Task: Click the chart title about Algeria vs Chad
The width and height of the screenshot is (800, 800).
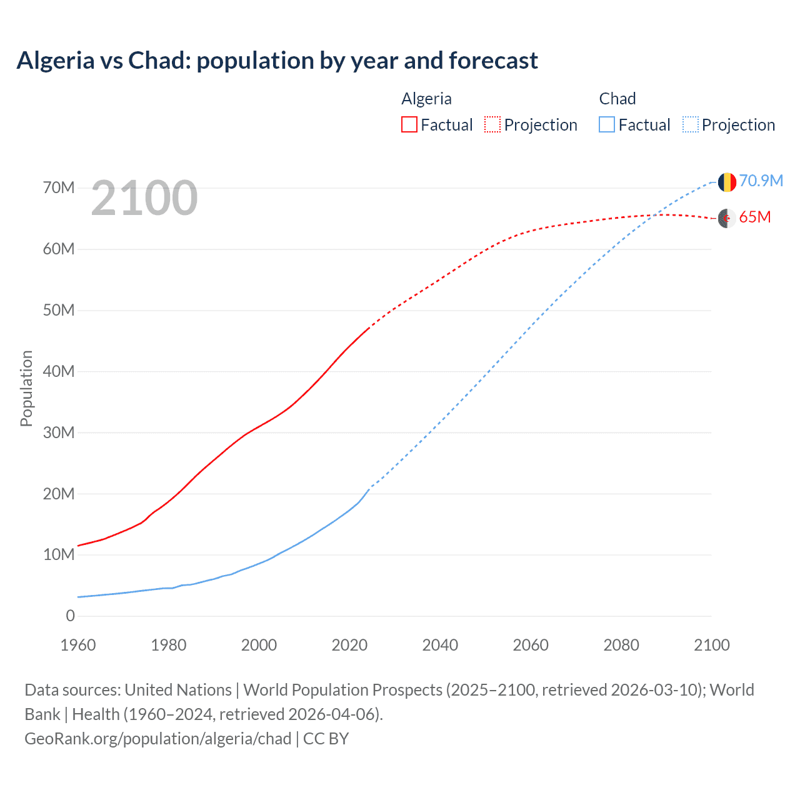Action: click(x=277, y=61)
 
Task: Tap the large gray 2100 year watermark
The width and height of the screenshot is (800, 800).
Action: click(x=144, y=198)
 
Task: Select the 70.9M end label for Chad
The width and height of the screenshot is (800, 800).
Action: click(x=761, y=181)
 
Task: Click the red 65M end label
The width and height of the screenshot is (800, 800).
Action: click(x=754, y=217)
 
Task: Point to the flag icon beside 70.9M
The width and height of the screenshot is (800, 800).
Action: click(x=727, y=182)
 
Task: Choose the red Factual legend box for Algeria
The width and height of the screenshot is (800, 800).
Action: click(x=409, y=124)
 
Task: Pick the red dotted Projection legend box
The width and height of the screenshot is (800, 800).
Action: click(x=492, y=124)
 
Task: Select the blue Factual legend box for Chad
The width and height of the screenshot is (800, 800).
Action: click(x=607, y=124)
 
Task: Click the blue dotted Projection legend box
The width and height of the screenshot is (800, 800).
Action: click(x=690, y=124)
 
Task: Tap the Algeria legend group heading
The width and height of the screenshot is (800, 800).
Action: click(x=426, y=99)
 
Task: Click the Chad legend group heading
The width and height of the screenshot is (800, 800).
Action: click(x=617, y=99)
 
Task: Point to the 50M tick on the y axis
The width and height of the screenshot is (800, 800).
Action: click(x=59, y=311)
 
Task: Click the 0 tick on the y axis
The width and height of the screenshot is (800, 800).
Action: click(x=70, y=616)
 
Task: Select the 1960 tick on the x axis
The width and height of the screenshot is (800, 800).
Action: click(x=78, y=645)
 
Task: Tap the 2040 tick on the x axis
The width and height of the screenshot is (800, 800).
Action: click(x=440, y=645)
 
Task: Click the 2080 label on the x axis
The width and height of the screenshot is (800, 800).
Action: click(x=621, y=645)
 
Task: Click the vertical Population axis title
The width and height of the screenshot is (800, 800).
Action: click(x=26, y=388)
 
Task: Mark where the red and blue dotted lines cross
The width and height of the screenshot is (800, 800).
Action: click(x=653, y=216)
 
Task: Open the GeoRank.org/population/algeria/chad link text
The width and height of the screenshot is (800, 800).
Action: click(x=158, y=739)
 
